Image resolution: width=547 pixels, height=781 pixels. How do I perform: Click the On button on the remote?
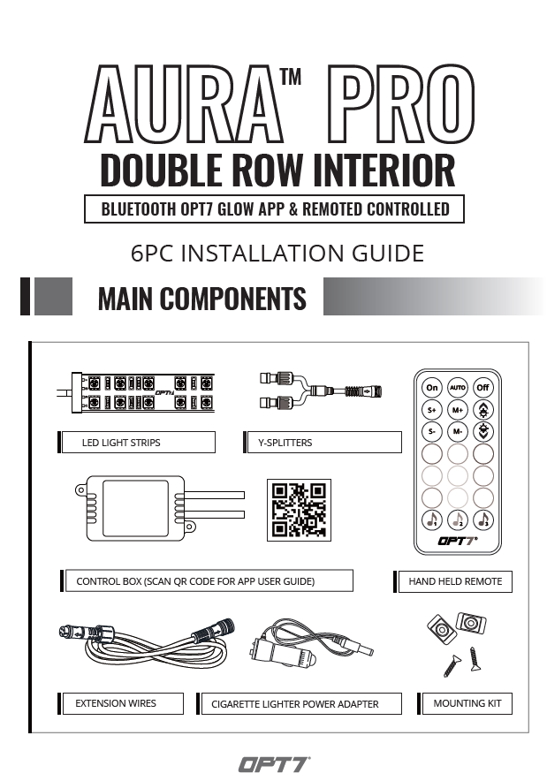tap(432, 387)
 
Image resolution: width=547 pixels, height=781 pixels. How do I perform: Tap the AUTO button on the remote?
tap(458, 387)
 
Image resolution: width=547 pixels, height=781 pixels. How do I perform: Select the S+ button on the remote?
tap(432, 410)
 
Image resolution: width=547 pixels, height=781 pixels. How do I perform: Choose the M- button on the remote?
tap(458, 432)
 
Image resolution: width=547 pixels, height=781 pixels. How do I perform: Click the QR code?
tap(299, 510)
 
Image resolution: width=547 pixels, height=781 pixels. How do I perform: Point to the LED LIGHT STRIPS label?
tap(121, 443)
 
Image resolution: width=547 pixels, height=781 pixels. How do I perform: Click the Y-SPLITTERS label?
tap(285, 443)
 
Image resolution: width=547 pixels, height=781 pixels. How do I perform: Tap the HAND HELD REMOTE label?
tap(455, 581)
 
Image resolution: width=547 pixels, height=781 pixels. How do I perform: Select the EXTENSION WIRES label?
tap(116, 703)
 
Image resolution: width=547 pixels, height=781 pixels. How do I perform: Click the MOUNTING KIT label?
tap(467, 703)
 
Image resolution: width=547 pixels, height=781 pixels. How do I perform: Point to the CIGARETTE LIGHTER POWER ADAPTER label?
tap(295, 704)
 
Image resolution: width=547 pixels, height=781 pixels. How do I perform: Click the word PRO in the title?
tap(400, 104)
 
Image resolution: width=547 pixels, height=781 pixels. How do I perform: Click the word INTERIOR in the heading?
tap(384, 170)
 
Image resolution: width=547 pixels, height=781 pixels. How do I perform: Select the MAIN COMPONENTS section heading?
tap(201, 299)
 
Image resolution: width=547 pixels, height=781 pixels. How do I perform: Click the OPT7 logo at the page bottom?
tap(274, 764)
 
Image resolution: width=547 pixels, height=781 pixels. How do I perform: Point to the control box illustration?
tap(159, 509)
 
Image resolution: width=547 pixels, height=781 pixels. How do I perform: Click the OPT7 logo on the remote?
tap(458, 541)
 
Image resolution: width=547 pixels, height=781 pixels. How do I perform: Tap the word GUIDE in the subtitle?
tap(388, 253)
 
